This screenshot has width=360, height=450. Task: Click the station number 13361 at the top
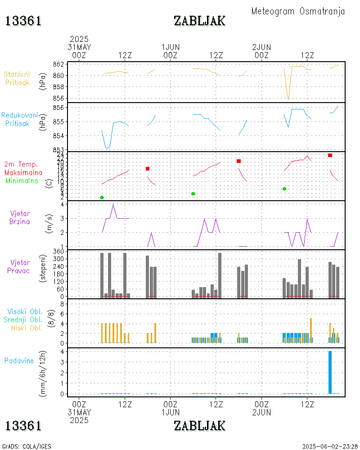click(23, 21)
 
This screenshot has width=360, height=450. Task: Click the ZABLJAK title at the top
click(199, 21)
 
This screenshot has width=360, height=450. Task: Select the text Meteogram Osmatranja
click(298, 11)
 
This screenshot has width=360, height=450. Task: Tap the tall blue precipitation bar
click(330, 372)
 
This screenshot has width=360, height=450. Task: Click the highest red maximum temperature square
click(330, 155)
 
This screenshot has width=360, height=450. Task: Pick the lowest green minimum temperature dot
click(102, 198)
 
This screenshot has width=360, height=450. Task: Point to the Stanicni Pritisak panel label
click(17, 78)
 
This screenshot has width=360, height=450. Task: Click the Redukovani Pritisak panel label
click(19, 119)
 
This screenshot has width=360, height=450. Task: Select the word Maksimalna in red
click(23, 172)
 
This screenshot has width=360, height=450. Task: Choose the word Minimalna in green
click(22, 180)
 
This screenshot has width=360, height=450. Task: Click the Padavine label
click(19, 360)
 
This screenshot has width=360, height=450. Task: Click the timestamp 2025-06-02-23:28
click(330, 446)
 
